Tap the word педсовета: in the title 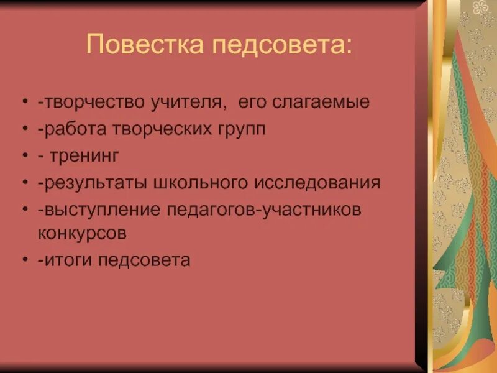click(x=283, y=45)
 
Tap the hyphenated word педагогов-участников click(x=265, y=210)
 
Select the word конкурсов click(x=82, y=233)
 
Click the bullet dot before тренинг click(x=24, y=157)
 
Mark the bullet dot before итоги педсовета click(x=24, y=260)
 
